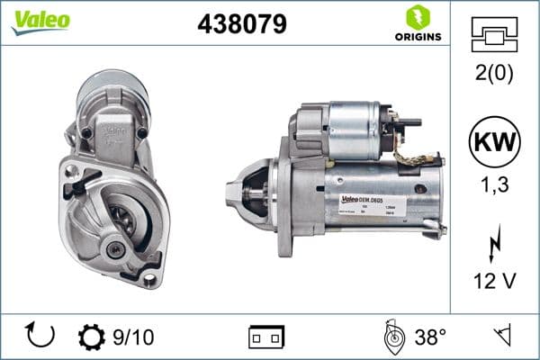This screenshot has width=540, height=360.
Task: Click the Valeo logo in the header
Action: [40, 21]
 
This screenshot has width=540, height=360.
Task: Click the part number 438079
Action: [241, 24]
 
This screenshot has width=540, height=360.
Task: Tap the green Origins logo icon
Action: [416, 16]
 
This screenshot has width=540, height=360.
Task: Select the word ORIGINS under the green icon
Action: [417, 36]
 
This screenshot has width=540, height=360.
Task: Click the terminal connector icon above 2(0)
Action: [494, 37]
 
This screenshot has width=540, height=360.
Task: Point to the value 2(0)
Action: [494, 75]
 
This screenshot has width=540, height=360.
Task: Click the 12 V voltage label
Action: [494, 282]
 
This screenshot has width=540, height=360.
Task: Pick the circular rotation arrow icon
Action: [41, 336]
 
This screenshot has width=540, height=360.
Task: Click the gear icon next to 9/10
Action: [93, 337]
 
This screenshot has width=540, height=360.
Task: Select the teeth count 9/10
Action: [133, 337]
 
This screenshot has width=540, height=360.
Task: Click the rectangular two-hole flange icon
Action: [266, 337]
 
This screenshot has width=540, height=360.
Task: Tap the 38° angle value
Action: [429, 337]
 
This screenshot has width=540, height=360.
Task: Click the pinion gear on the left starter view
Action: [120, 220]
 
